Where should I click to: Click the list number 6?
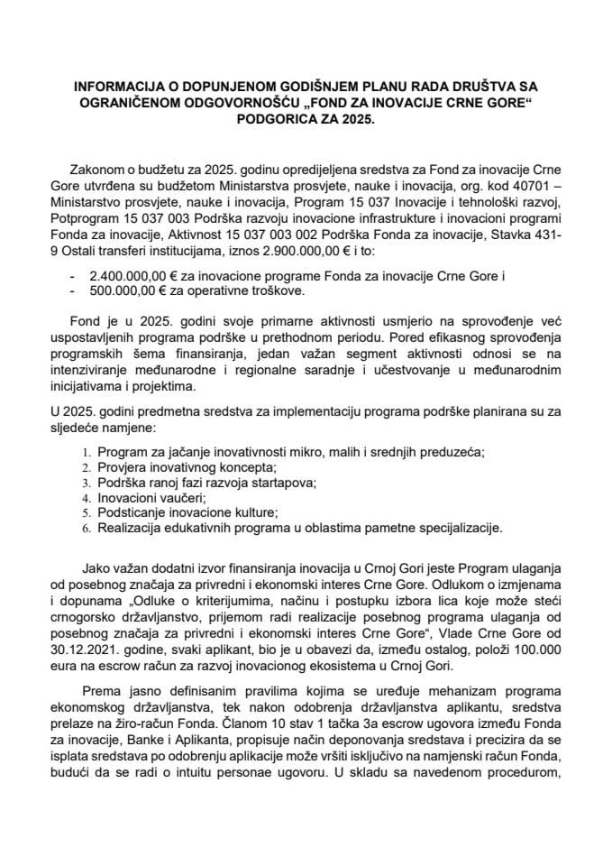pyautogui.click(x=86, y=527)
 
